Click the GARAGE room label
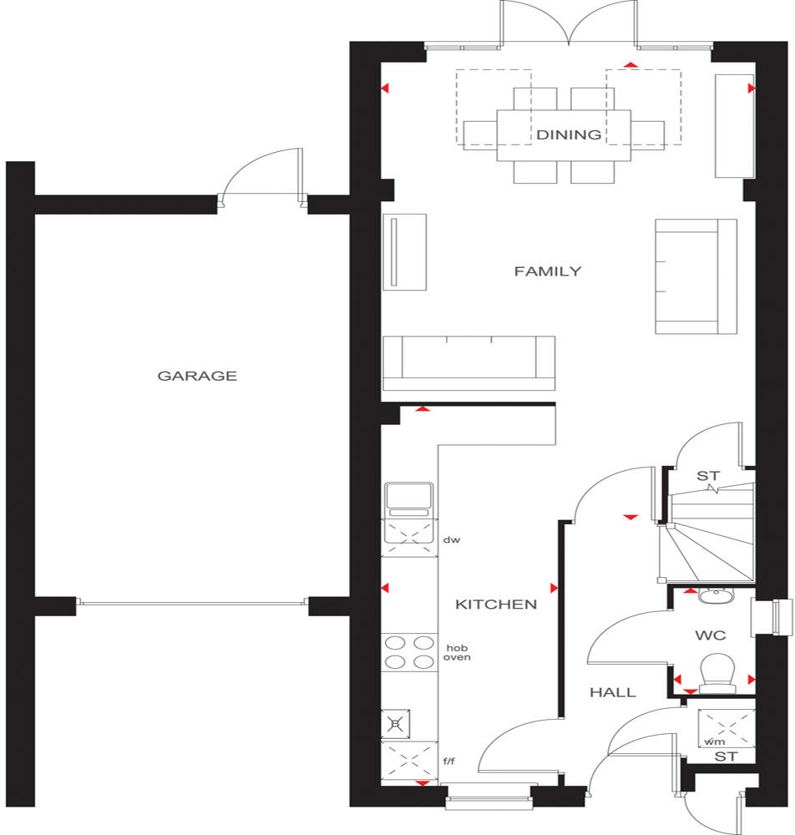(197, 376)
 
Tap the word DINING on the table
(569, 134)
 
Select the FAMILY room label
(547, 271)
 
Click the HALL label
(613, 692)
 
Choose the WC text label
(710, 635)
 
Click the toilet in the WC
(717, 672)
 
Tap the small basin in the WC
(713, 595)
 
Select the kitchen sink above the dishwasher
(408, 500)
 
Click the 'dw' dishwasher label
(452, 540)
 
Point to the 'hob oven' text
(458, 652)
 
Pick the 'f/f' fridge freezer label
(449, 761)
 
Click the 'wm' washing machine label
(714, 741)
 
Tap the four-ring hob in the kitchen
(408, 652)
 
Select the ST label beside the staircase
(707, 476)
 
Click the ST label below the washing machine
(725, 757)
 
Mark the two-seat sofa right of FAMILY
(696, 276)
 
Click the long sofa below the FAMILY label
(468, 363)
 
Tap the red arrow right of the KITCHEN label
(554, 587)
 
